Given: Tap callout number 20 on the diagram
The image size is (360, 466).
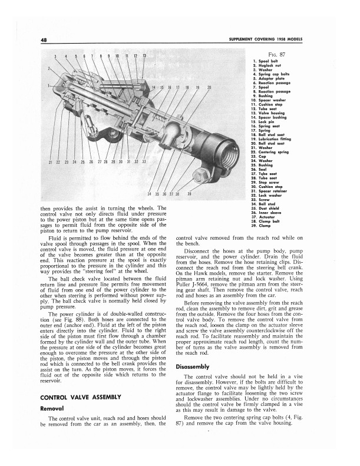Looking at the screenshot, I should (209, 88).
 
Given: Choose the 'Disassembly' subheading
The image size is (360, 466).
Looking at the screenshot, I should (193, 366).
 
